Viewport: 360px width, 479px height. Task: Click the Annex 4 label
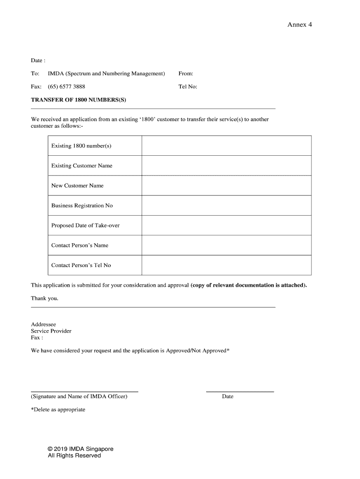click(299, 25)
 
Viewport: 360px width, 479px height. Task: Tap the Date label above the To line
click(38, 60)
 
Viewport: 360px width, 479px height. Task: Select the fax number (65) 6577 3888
click(66, 87)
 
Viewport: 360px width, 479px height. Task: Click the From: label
click(186, 73)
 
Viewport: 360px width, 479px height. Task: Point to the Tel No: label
click(188, 87)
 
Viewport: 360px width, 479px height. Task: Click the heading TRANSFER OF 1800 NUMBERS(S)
click(79, 100)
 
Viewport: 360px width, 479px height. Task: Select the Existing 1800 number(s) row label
click(81, 146)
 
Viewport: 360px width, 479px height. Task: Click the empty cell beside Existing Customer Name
click(226, 166)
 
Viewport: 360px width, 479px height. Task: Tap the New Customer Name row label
click(78, 186)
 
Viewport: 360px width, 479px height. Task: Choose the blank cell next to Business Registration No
click(226, 205)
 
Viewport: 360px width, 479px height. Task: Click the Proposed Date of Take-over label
click(86, 225)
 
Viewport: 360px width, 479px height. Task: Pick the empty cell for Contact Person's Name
click(226, 245)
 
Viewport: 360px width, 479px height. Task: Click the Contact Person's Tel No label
click(81, 265)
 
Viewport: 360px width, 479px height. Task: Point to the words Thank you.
click(45, 298)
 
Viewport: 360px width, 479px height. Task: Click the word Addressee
click(43, 324)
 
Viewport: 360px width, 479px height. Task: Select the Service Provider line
click(51, 331)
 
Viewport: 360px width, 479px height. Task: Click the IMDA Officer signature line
click(85, 391)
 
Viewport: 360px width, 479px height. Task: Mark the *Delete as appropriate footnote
click(58, 409)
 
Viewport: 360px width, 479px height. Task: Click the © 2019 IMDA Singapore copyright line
click(81, 449)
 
